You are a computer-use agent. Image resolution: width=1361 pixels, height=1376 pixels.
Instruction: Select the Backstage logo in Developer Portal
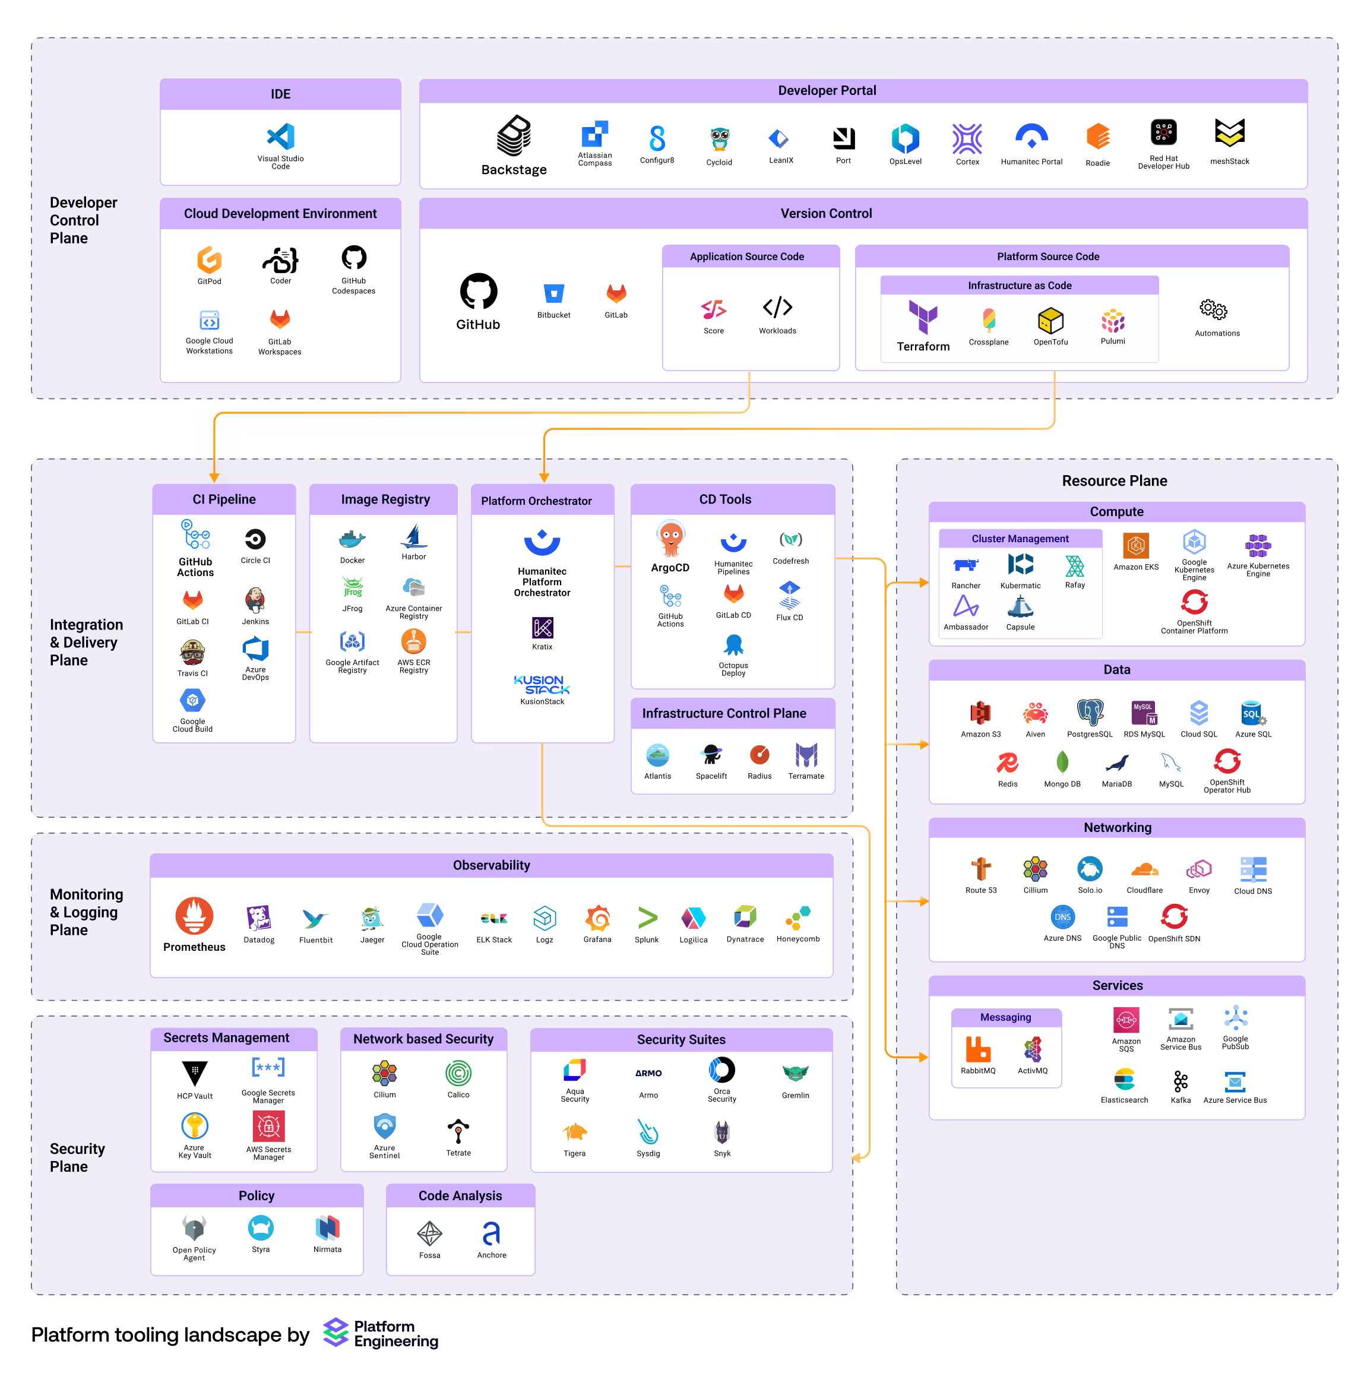pyautogui.click(x=514, y=135)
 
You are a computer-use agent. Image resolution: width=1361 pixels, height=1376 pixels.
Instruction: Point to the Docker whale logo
pyautogui.click(x=352, y=539)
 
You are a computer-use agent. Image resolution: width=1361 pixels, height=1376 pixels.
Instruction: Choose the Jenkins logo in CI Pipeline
pyautogui.click(x=255, y=600)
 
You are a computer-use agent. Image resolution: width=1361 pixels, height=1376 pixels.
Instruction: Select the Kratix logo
pyautogui.click(x=542, y=628)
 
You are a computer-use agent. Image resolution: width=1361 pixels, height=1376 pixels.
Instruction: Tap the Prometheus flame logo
pyautogui.click(x=194, y=915)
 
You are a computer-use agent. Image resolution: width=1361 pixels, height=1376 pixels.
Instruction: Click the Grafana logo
pyautogui.click(x=597, y=918)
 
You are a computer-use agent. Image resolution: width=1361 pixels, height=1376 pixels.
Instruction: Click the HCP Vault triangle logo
pyautogui.click(x=194, y=1072)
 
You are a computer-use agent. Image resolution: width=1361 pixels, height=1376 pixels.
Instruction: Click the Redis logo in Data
pyautogui.click(x=1007, y=763)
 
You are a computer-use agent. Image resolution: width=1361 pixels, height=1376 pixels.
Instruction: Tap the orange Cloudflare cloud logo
pyautogui.click(x=1144, y=869)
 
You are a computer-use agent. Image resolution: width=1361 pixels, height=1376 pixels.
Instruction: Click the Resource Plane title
pyautogui.click(x=1114, y=481)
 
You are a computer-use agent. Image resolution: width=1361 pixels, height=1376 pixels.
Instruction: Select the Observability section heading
pyautogui.click(x=492, y=865)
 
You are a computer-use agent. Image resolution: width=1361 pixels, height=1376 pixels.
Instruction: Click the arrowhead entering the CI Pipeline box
pyautogui.click(x=214, y=477)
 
